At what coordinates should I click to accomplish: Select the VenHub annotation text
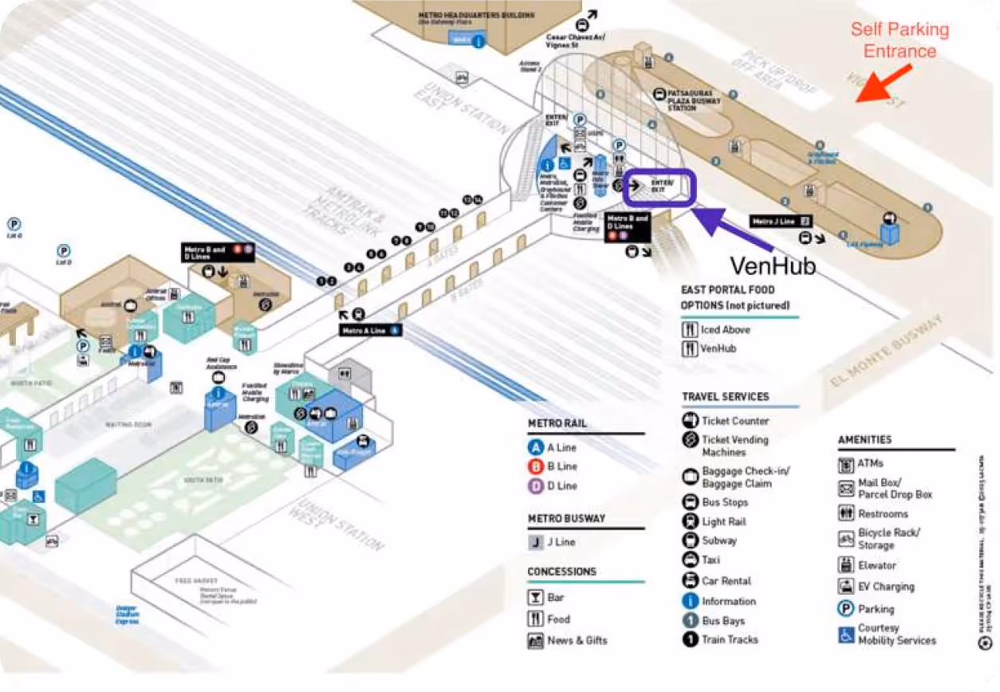point(773,265)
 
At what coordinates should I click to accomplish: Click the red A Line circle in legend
point(536,447)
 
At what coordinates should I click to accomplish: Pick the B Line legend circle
point(536,466)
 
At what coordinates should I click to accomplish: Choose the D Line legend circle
point(536,486)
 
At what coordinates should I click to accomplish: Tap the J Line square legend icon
point(536,542)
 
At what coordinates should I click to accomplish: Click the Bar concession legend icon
point(535,597)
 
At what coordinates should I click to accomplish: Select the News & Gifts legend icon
point(535,640)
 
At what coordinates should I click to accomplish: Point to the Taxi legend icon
point(690,560)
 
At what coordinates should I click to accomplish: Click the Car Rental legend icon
point(690,580)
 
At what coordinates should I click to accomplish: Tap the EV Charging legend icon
point(846,587)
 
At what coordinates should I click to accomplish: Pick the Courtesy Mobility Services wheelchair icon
point(846,635)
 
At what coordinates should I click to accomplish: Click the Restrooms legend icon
point(846,513)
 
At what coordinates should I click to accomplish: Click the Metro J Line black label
point(781,221)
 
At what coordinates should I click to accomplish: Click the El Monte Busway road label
point(885,349)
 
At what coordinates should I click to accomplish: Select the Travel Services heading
point(725,396)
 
